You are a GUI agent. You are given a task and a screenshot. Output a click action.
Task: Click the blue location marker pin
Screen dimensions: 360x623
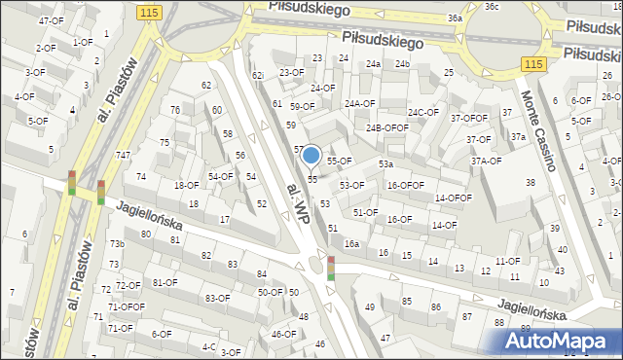311,156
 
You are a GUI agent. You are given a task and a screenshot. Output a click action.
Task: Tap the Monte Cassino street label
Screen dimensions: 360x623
537,131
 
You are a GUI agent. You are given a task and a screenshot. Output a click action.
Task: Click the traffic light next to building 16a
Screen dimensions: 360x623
331,268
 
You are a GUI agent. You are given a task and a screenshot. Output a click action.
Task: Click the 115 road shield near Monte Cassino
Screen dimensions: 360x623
531,63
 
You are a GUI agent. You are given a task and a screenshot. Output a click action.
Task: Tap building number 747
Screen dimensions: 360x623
123,156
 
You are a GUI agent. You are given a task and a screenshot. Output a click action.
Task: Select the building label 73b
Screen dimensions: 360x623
117,244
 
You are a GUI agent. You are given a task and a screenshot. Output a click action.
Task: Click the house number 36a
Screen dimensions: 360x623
455,18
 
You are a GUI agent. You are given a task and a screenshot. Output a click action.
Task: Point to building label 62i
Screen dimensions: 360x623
258,75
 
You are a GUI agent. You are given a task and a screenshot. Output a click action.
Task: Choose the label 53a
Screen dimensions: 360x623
386,164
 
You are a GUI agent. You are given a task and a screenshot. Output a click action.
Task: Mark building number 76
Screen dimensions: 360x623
174,110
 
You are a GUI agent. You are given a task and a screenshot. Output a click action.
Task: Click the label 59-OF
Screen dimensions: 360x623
302,107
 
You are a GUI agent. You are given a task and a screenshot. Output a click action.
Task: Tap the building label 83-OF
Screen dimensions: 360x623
218,298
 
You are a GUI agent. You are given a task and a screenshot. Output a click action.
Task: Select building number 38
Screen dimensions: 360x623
531,183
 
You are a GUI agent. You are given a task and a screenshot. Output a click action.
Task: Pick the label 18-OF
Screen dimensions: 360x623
186,185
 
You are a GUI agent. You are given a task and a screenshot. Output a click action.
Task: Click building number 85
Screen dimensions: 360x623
406,302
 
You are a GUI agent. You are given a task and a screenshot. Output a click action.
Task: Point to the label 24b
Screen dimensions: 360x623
403,64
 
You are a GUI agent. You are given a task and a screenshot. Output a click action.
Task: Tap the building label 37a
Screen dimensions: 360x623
519,137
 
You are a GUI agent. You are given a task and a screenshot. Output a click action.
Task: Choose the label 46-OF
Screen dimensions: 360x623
283,335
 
